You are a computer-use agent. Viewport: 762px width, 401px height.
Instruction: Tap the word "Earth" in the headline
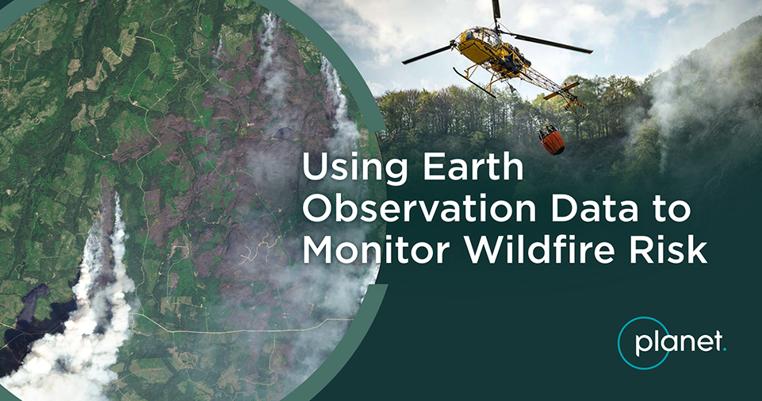pos(473,167)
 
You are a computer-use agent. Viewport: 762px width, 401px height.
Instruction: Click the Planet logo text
pos(679,343)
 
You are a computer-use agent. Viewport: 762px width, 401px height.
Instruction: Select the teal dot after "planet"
pos(724,349)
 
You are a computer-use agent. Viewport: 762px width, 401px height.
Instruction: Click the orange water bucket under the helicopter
pos(552,141)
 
